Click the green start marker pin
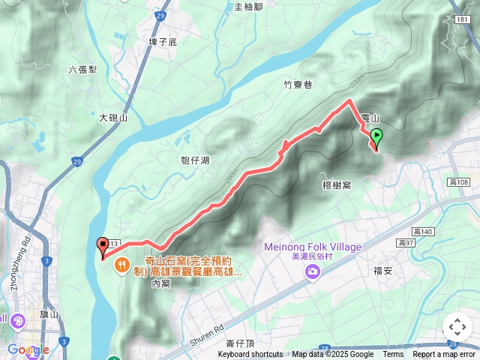pos(376,137)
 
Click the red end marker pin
pos(103,244)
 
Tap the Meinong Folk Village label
pos(313,247)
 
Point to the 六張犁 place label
pos(82,70)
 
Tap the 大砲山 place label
pos(113,118)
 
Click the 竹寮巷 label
pos(298,85)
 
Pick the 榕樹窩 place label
pos(337,184)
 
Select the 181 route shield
pos(462,19)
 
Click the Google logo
pos(28,349)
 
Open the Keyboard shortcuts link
pos(250,355)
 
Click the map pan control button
pos(457,327)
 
